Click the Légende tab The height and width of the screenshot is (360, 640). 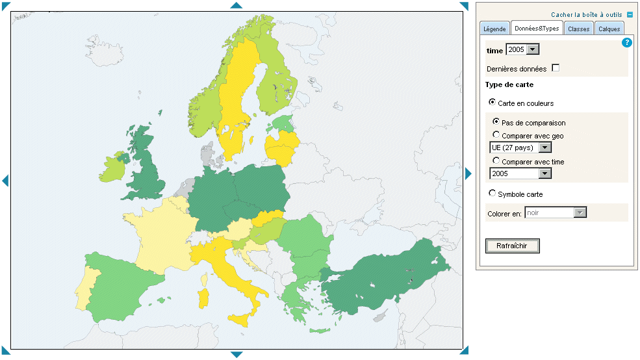click(494, 29)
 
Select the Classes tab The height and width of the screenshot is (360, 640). click(578, 29)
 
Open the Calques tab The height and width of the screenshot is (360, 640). click(609, 29)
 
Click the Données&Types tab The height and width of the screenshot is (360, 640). click(537, 28)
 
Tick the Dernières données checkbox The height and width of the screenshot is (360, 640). click(556, 68)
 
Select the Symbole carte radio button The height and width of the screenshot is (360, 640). click(493, 194)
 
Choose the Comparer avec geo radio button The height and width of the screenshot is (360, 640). click(496, 135)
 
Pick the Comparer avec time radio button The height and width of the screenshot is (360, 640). click(496, 161)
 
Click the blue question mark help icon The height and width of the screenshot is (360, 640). click(627, 43)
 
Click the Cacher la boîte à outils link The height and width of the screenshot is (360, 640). click(587, 14)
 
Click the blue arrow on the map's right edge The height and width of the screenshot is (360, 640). click(468, 174)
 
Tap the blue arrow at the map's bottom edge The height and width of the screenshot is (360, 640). click(237, 354)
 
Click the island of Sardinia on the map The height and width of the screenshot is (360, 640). click(203, 298)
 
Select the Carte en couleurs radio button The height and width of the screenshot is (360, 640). click(493, 103)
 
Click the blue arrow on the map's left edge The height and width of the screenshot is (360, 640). click(5, 180)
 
